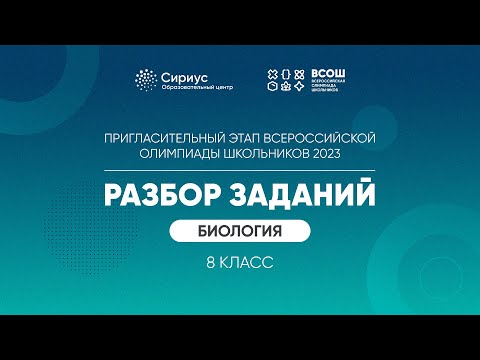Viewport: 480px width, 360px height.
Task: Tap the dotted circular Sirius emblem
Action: [146, 80]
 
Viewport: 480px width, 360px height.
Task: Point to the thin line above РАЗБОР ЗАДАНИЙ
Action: [240, 168]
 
